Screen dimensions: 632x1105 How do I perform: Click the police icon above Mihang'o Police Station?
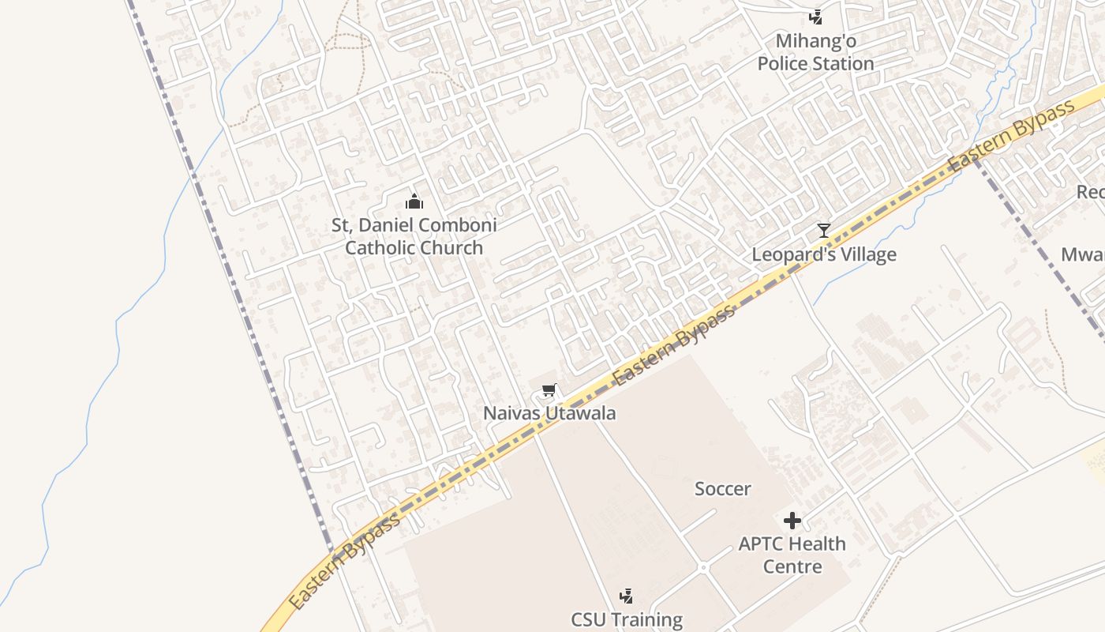coord(815,16)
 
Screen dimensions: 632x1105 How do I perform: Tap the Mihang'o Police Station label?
coord(815,52)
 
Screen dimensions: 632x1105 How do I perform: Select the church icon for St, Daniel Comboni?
coord(414,201)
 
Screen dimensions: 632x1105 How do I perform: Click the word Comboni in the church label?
coord(457,225)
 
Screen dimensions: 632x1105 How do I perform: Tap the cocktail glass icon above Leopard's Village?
coord(823,231)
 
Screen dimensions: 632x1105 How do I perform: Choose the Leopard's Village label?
coord(823,254)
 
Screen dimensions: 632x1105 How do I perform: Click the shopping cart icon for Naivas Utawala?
coord(549,390)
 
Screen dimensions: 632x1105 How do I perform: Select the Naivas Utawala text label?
coord(549,413)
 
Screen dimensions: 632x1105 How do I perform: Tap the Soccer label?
coord(722,489)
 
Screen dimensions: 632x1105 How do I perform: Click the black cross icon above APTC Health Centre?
coord(792,521)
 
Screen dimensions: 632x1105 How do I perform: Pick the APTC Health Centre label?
coord(792,555)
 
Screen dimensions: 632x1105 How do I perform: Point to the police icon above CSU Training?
coord(627,596)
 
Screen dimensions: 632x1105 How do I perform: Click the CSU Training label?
coord(627,619)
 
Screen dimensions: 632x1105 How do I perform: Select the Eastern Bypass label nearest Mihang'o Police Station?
coord(1013,137)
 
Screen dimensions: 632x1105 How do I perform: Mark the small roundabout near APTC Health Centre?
coord(702,567)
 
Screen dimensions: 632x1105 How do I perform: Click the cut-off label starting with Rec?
coord(1091,192)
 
